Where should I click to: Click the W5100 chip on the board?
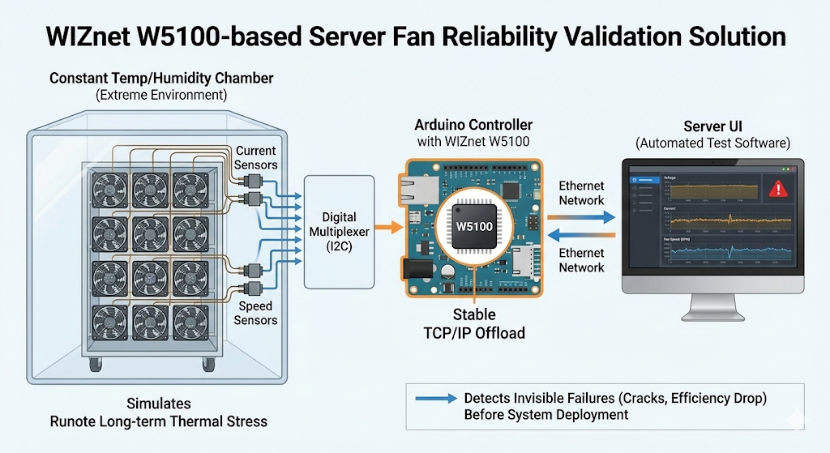tap(474, 226)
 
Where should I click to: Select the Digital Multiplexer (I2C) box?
tap(339, 231)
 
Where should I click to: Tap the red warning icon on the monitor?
tap(779, 189)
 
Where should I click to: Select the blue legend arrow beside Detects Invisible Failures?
tap(434, 399)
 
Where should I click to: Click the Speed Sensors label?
tap(255, 313)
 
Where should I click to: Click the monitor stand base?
tap(712, 315)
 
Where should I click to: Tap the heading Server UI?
tap(712, 126)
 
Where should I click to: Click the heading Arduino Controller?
tap(474, 125)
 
